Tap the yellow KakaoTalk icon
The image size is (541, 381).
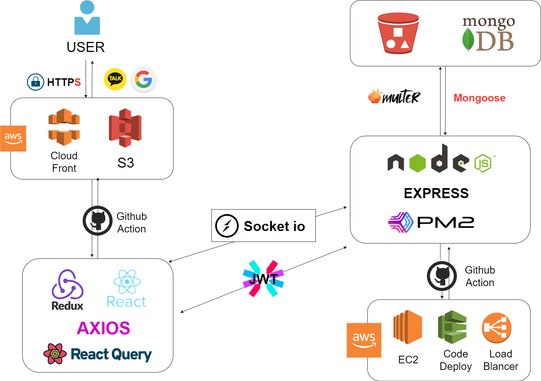[115, 79]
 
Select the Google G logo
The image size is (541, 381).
[143, 79]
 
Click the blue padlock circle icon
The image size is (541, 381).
[36, 82]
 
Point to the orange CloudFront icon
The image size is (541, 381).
[64, 127]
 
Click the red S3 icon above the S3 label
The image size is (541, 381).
[125, 128]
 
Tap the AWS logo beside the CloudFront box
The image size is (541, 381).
[13, 139]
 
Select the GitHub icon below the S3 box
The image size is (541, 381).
[98, 221]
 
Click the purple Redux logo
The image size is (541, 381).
[67, 285]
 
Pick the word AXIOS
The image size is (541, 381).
[103, 328]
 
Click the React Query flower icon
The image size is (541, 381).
[55, 354]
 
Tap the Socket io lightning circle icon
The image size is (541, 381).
[227, 226]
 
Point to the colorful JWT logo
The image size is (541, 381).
[263, 278]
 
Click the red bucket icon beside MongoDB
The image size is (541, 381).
[398, 33]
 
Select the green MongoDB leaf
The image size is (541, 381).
[468, 40]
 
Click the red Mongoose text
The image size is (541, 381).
[479, 98]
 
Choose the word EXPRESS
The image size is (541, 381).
[436, 193]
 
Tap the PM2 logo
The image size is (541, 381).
[431, 222]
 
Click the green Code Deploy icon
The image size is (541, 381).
[452, 327]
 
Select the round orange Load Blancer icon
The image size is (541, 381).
[497, 328]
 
